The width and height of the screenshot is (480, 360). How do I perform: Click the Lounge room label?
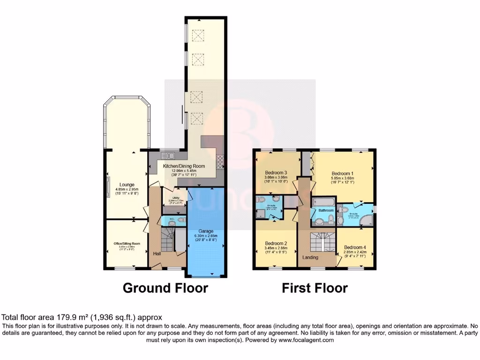point(127,184)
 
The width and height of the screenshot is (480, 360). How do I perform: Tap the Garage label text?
point(205,232)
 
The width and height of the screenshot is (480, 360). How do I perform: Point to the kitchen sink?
point(167,156)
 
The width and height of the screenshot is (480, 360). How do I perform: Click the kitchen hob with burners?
point(220,162)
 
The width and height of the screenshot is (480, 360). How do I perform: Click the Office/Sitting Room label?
point(127,244)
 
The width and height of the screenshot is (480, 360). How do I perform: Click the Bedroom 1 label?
point(342,173)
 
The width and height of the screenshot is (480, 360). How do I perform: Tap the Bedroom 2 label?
point(276,244)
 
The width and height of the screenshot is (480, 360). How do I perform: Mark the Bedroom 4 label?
point(355,247)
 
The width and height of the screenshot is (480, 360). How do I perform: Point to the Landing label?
point(310,257)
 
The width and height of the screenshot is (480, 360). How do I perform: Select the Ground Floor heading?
point(165,288)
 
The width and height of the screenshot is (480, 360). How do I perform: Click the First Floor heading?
point(315,288)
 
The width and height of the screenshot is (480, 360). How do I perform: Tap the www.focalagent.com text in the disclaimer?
point(307,340)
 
